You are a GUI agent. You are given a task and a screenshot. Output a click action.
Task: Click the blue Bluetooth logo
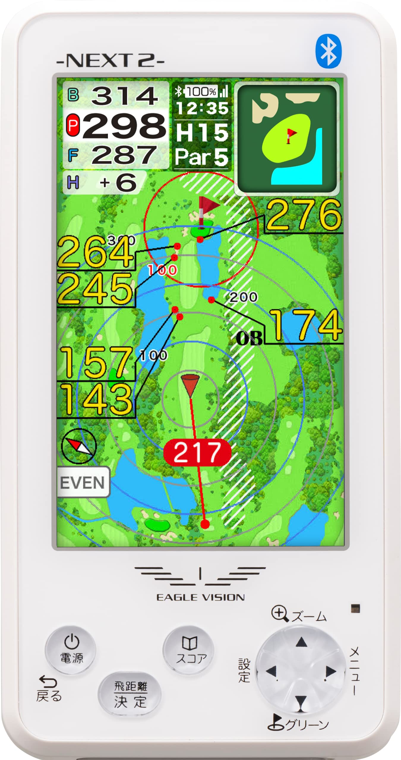coord(328,51)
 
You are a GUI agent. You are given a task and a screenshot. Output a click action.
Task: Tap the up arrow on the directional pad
coord(301,642)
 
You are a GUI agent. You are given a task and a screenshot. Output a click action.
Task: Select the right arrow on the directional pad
coord(330,672)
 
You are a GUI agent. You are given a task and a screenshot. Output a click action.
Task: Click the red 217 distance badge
coord(197,452)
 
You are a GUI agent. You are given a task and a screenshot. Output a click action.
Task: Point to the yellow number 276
coord(304,215)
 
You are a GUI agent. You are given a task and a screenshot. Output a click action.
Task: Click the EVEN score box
coord(83,482)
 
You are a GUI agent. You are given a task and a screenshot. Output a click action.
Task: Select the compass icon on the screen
coord(79,446)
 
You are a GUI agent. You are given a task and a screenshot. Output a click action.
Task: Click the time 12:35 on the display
coord(202,108)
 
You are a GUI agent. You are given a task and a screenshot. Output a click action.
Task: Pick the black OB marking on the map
coord(249,338)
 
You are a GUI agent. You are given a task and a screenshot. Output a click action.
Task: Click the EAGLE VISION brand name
coord(200,597)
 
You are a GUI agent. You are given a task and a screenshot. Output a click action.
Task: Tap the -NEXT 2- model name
coord(110,61)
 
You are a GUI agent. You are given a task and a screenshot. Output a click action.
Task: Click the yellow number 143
coord(96,399)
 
